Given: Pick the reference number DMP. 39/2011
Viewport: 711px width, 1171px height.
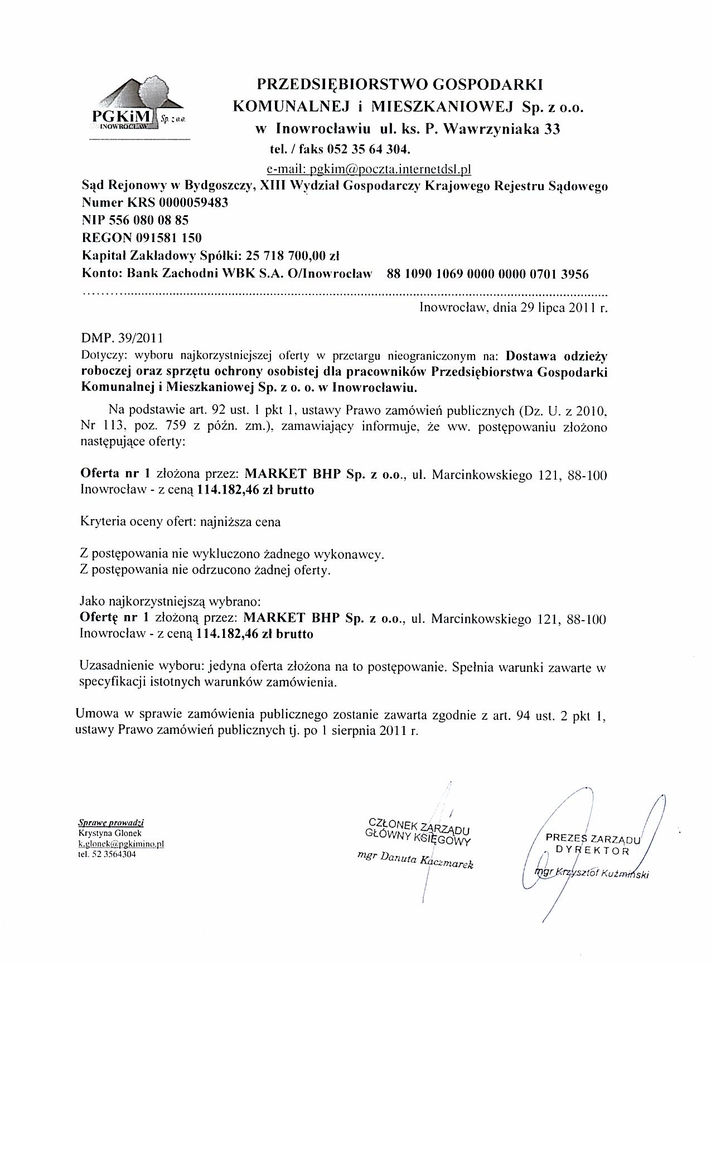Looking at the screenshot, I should (123, 338).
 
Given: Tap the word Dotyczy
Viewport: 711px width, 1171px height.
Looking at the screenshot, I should (98, 355).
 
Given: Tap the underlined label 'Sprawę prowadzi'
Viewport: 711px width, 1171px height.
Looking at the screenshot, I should (110, 822).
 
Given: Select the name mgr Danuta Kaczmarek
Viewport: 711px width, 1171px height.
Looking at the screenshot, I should (415, 860).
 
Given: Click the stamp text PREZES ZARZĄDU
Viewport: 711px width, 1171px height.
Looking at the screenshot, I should (594, 838).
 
